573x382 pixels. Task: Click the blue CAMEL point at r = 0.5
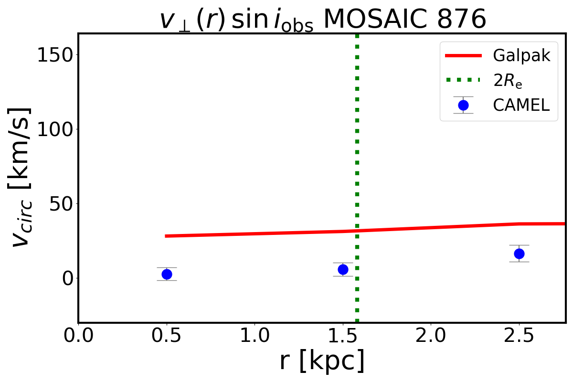point(167,274)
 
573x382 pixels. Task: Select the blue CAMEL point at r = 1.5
point(343,269)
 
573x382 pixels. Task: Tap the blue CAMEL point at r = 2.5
point(519,254)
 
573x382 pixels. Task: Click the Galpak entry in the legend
point(521,56)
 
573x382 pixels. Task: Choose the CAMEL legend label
point(521,106)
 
